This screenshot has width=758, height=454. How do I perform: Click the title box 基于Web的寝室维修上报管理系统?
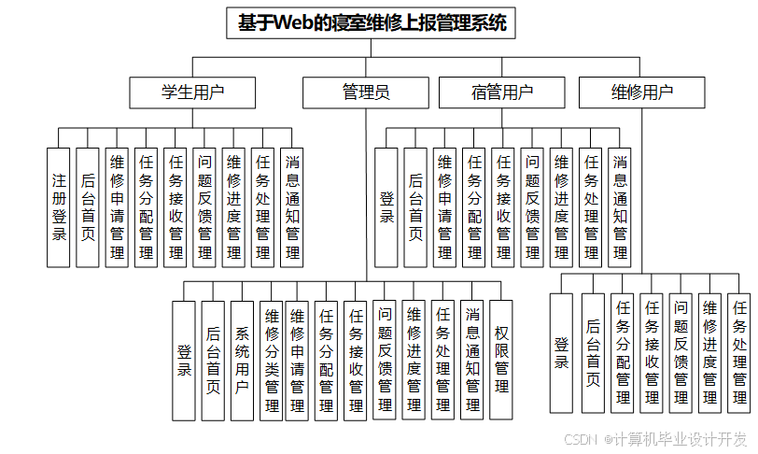coord(372,23)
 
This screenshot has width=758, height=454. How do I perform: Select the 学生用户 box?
coord(193,92)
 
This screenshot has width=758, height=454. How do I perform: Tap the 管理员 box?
coord(366,92)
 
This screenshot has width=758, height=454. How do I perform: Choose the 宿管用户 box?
coord(502,92)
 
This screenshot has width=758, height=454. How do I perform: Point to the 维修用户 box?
coord(642,92)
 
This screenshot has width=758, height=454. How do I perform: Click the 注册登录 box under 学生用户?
coord(59,207)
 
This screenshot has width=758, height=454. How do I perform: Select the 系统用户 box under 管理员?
coord(243,360)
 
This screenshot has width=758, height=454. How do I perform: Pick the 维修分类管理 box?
coord(272,360)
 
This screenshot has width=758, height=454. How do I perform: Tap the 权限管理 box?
coord(501,360)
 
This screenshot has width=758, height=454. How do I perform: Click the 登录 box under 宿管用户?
coord(386,207)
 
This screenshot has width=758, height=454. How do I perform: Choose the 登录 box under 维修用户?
coord(561,353)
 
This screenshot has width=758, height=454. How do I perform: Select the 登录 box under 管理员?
coord(185,360)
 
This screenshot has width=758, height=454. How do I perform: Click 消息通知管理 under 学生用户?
coord(292,207)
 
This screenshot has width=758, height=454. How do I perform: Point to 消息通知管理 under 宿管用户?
coord(620,207)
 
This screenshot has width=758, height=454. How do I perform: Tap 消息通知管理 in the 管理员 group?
coord(473,360)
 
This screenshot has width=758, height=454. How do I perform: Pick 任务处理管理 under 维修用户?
coord(739,353)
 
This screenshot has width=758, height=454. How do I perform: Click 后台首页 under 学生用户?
coord(88,207)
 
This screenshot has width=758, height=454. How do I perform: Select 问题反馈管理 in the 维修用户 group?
coord(681,353)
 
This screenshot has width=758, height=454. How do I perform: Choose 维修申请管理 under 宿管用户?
coord(445,207)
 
